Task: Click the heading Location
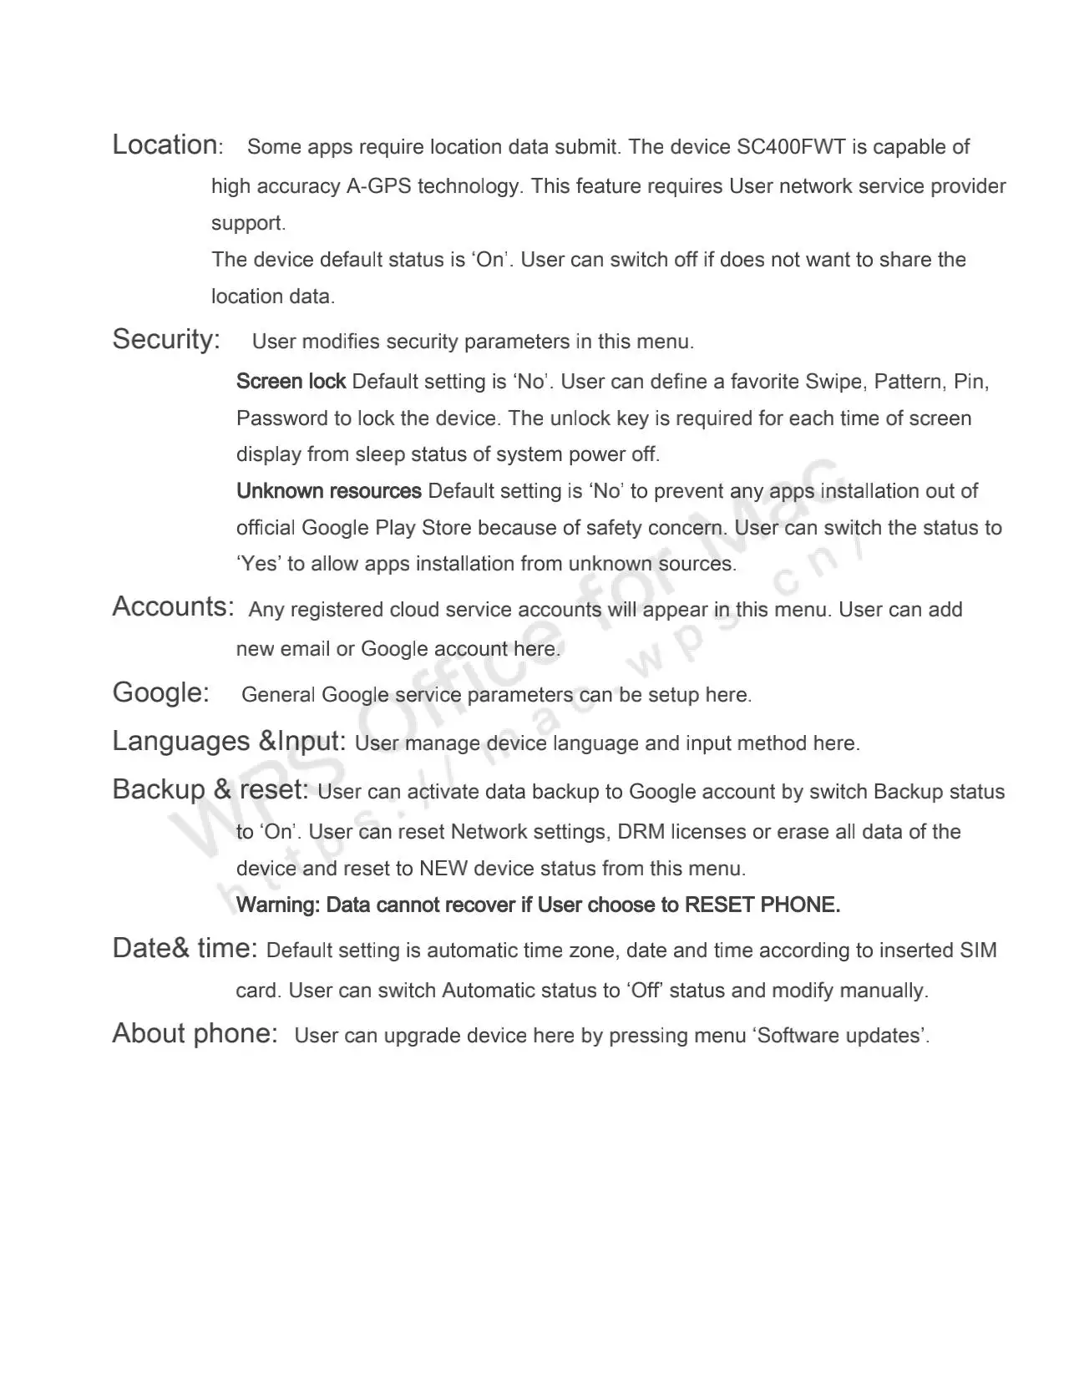point(165,145)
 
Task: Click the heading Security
point(165,340)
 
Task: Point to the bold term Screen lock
point(291,382)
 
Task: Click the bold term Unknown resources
point(328,491)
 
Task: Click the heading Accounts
point(172,607)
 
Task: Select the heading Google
point(160,692)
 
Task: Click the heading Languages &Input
point(229,742)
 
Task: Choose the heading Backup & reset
point(210,790)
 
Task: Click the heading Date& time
point(185,949)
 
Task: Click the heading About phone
point(195,1034)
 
